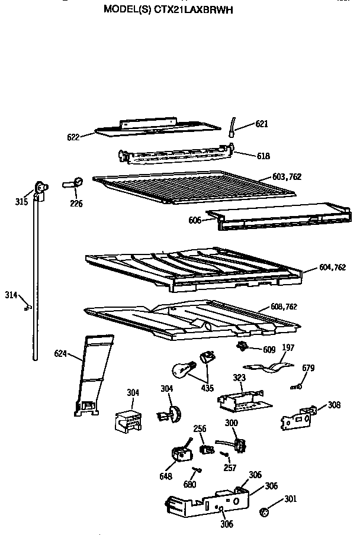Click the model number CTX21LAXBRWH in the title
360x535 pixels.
pos(192,9)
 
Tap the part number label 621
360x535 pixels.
pos(262,124)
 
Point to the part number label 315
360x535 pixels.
pos(21,202)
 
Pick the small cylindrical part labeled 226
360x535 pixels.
pos(73,184)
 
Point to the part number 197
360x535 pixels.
pos(287,347)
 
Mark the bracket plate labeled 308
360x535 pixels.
pos(297,417)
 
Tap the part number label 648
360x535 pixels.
pos(165,476)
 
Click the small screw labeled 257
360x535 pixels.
pos(224,455)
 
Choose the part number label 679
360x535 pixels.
pos(308,368)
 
